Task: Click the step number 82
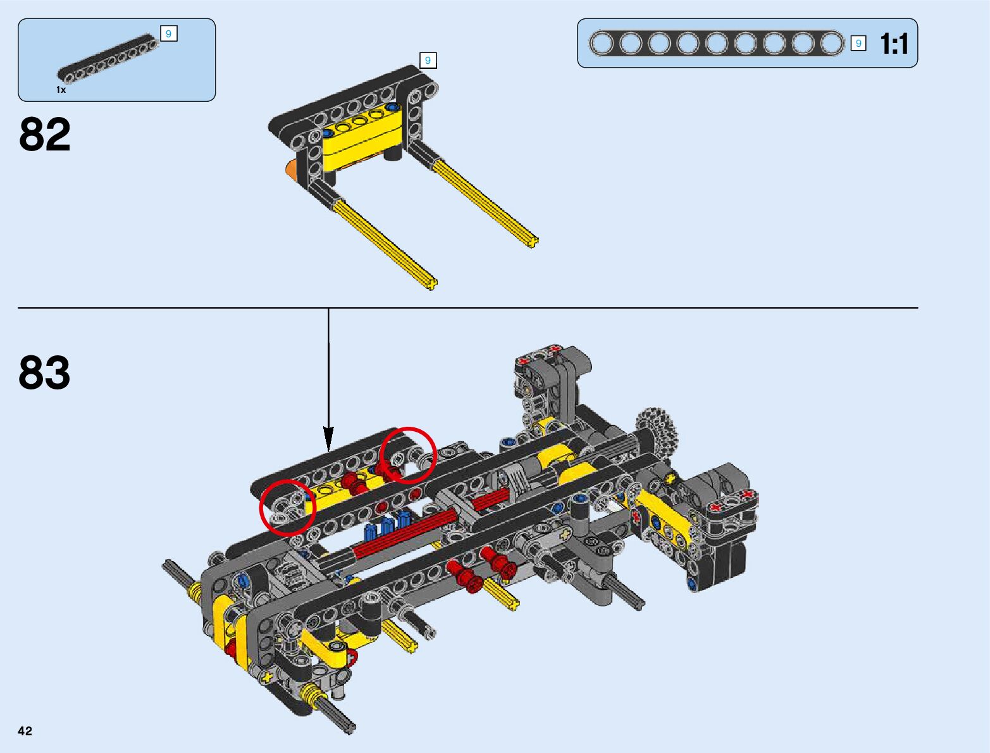tap(45, 134)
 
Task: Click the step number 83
tap(45, 372)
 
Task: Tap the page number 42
tap(25, 731)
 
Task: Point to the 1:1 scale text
tap(894, 44)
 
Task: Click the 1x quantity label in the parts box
tap(61, 90)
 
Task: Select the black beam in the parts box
tap(108, 59)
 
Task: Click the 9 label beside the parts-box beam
tap(169, 34)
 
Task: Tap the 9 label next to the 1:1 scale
tap(858, 43)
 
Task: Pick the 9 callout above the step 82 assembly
tap(428, 61)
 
